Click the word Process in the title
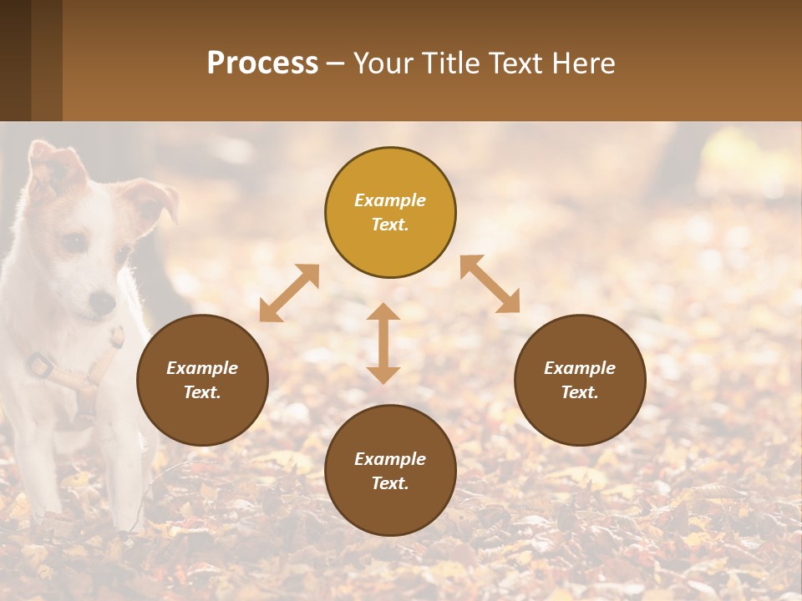pos(262,63)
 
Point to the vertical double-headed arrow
pos(383,343)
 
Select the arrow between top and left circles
pos(289,293)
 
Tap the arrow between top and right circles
pos(490,285)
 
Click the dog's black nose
pos(103,302)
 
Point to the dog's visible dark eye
pos(74,243)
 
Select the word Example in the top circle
pos(390,200)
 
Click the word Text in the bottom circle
pos(388,483)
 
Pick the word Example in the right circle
pos(580,368)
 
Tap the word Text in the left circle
pos(200,392)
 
